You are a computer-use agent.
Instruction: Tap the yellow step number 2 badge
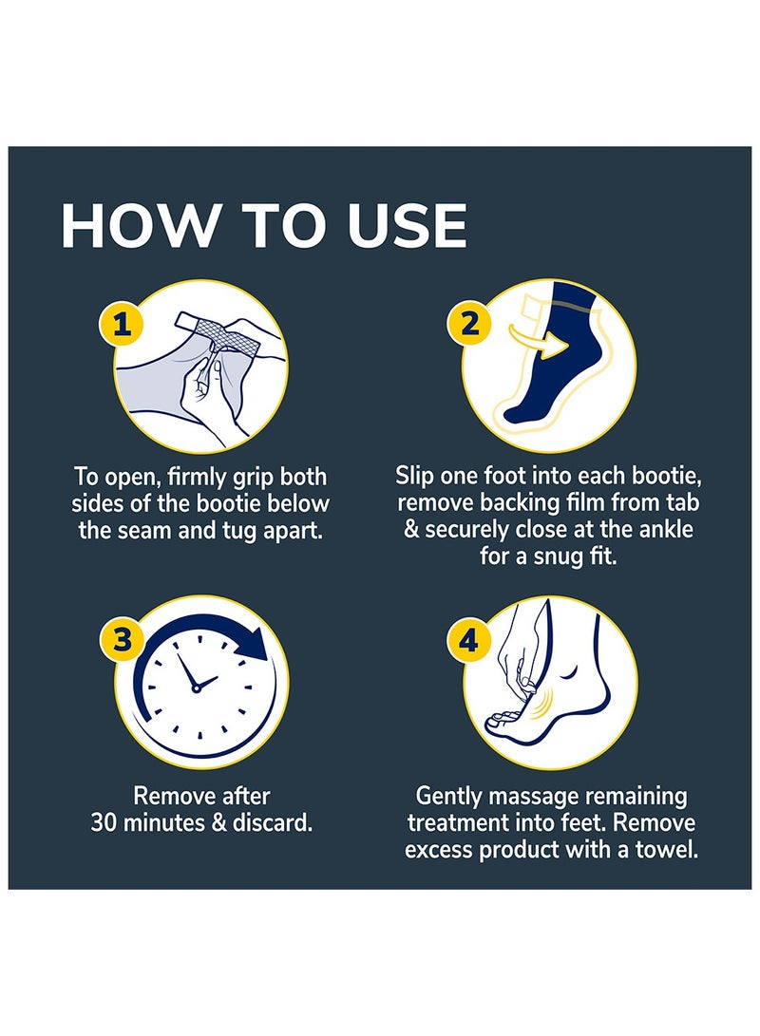point(469,325)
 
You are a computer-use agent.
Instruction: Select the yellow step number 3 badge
point(122,641)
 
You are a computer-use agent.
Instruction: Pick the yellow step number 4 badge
point(469,641)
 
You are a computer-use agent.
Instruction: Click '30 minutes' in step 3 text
point(157,822)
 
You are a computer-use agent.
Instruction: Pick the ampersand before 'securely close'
point(411,529)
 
